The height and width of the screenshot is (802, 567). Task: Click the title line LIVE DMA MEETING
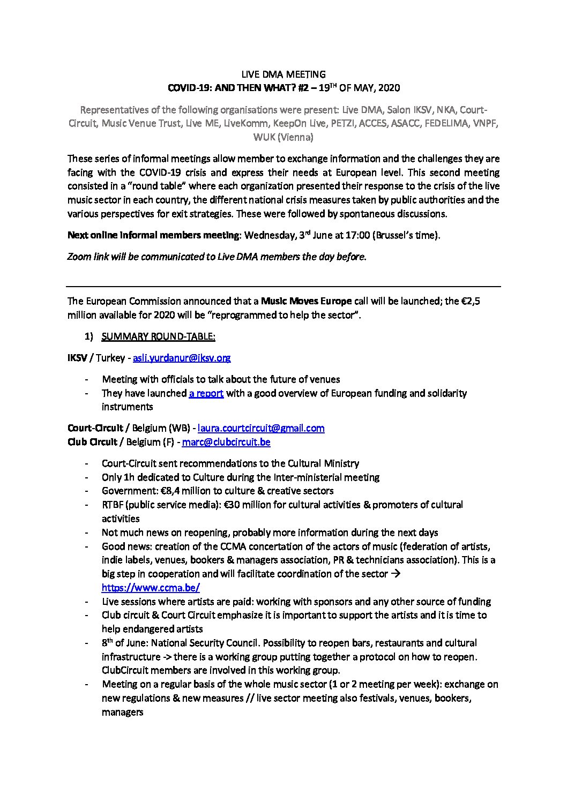283,74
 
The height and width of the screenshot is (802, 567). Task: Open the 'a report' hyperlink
206,393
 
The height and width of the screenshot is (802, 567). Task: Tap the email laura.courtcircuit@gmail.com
261,428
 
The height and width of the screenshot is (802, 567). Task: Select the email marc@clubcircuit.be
226,442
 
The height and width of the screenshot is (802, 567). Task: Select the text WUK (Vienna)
283,137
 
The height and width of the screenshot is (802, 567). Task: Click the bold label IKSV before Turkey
77,357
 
